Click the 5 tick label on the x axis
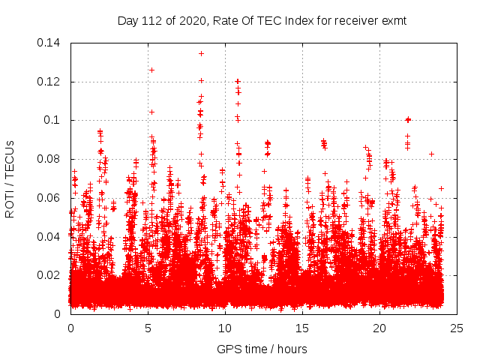click(x=148, y=328)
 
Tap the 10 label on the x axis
click(x=225, y=328)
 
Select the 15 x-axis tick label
click(x=302, y=328)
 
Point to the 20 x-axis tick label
click(x=379, y=328)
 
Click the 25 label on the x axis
click(x=457, y=328)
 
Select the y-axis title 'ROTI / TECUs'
click(x=10, y=178)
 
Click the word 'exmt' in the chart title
click(x=394, y=20)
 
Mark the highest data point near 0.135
click(x=201, y=53)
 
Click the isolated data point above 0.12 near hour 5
click(x=151, y=70)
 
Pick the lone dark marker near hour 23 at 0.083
click(x=431, y=154)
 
